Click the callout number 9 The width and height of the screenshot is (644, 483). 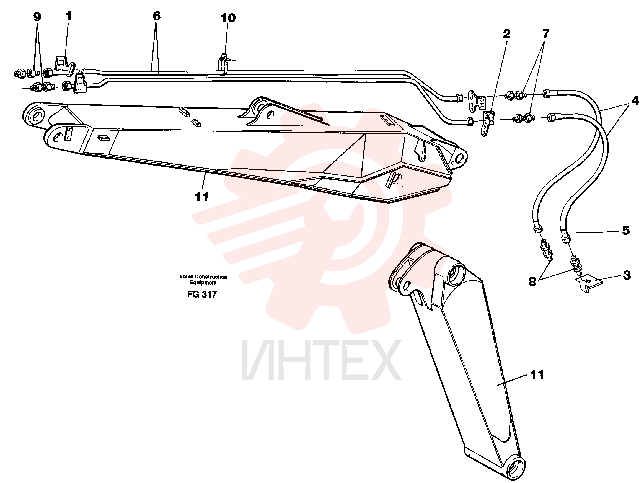(37, 17)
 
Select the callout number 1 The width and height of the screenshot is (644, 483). (69, 16)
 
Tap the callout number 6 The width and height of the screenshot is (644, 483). (157, 16)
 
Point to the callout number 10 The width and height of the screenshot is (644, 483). (228, 18)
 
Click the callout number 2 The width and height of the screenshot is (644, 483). (506, 34)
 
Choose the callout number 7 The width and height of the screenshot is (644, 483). (545, 34)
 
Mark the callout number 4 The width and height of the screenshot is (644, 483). (635, 100)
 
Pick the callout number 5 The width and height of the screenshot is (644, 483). (626, 230)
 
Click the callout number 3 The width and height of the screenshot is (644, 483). (627, 275)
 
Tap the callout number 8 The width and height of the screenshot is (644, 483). (532, 282)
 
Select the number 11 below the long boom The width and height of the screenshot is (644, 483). (201, 197)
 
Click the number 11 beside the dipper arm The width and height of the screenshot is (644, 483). (537, 375)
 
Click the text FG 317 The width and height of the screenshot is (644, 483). (202, 294)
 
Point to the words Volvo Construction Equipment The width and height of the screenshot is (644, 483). (203, 280)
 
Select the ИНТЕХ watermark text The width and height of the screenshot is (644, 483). (321, 360)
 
